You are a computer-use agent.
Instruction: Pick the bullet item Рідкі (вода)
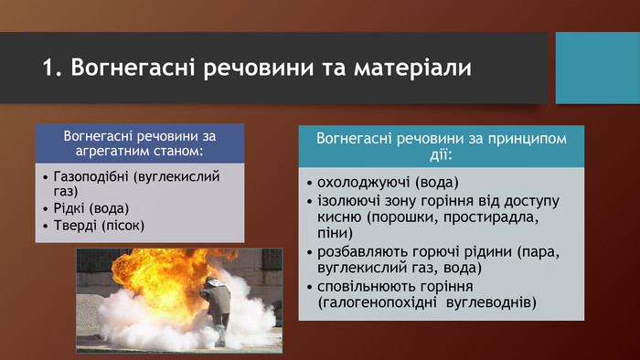tap(92, 207)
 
